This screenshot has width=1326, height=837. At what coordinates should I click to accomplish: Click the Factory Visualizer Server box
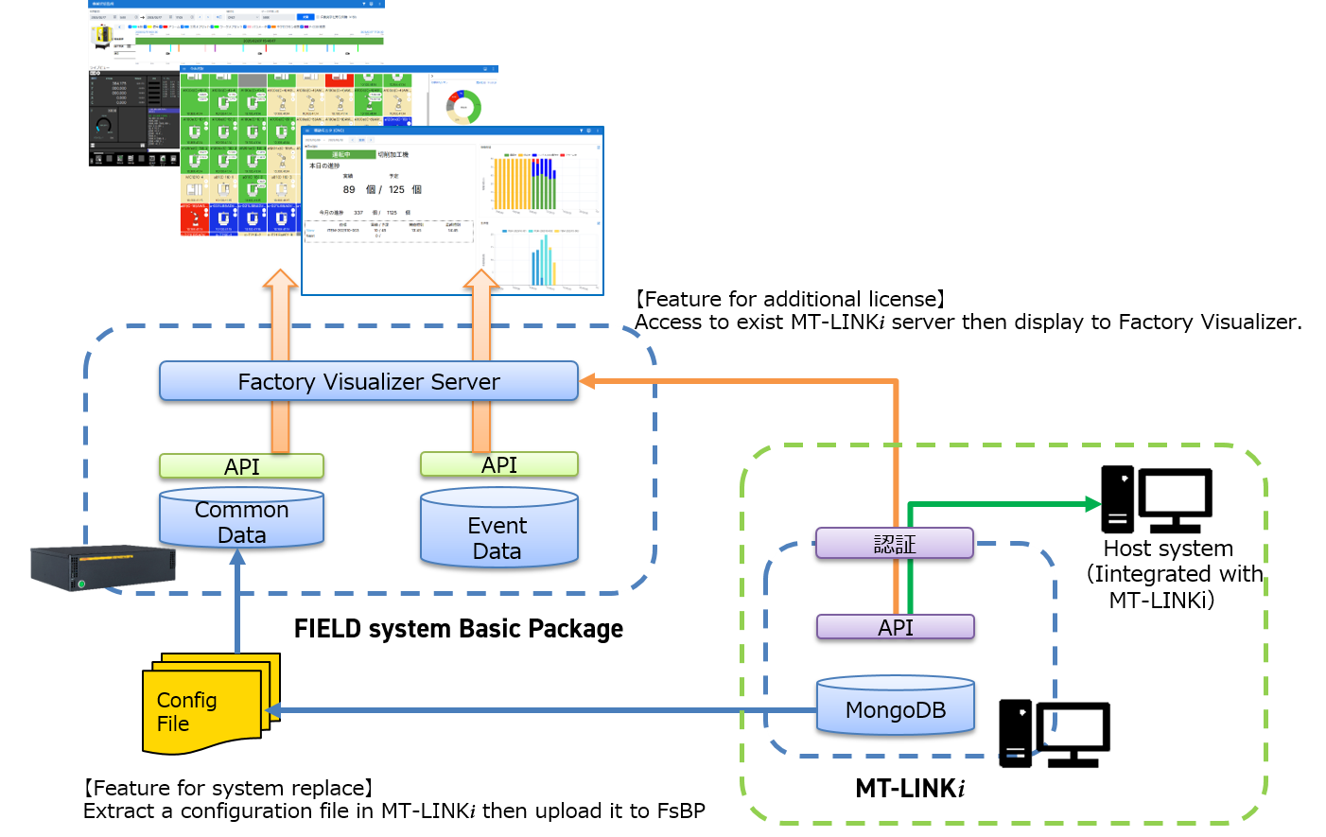[x=368, y=381]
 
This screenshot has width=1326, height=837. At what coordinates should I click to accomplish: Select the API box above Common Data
[x=241, y=466]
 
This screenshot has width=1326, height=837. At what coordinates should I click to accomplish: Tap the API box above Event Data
[x=498, y=464]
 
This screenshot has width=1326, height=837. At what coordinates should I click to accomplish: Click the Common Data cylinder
[x=241, y=520]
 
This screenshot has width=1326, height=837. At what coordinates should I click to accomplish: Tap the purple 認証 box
[x=894, y=544]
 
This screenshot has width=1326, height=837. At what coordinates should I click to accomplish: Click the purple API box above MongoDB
[x=895, y=627]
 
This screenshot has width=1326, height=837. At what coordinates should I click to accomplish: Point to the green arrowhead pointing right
[x=1093, y=504]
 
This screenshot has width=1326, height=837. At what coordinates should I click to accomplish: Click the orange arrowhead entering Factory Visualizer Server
[x=587, y=381]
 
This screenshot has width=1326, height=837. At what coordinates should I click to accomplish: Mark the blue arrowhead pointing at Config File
[x=273, y=710]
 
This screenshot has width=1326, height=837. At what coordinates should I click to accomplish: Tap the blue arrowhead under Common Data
[x=237, y=557]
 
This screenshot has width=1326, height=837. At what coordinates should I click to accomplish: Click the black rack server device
[x=102, y=567]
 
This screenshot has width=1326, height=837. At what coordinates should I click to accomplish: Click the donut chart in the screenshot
[x=463, y=107]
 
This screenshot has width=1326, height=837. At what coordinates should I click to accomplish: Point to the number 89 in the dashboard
[x=349, y=189]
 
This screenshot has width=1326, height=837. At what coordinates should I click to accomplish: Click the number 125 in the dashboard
[x=396, y=189]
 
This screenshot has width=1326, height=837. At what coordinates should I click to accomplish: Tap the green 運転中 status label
[x=340, y=154]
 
